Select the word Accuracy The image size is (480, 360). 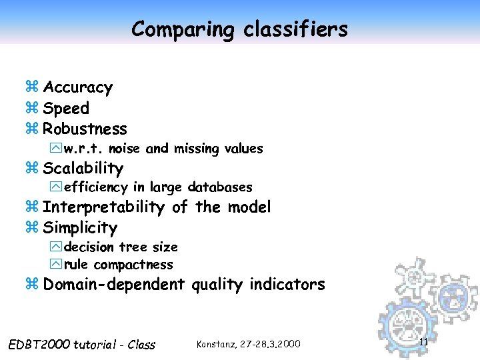click(78, 87)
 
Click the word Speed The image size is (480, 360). click(66, 108)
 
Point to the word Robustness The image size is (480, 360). click(85, 128)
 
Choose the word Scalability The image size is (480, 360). click(83, 168)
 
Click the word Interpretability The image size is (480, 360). click(103, 207)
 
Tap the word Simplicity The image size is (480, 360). click(80, 228)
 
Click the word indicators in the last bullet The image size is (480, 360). click(287, 285)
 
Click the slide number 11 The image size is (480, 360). click(423, 342)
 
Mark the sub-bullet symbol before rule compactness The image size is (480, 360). click(55, 265)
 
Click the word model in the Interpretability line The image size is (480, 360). click(249, 207)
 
